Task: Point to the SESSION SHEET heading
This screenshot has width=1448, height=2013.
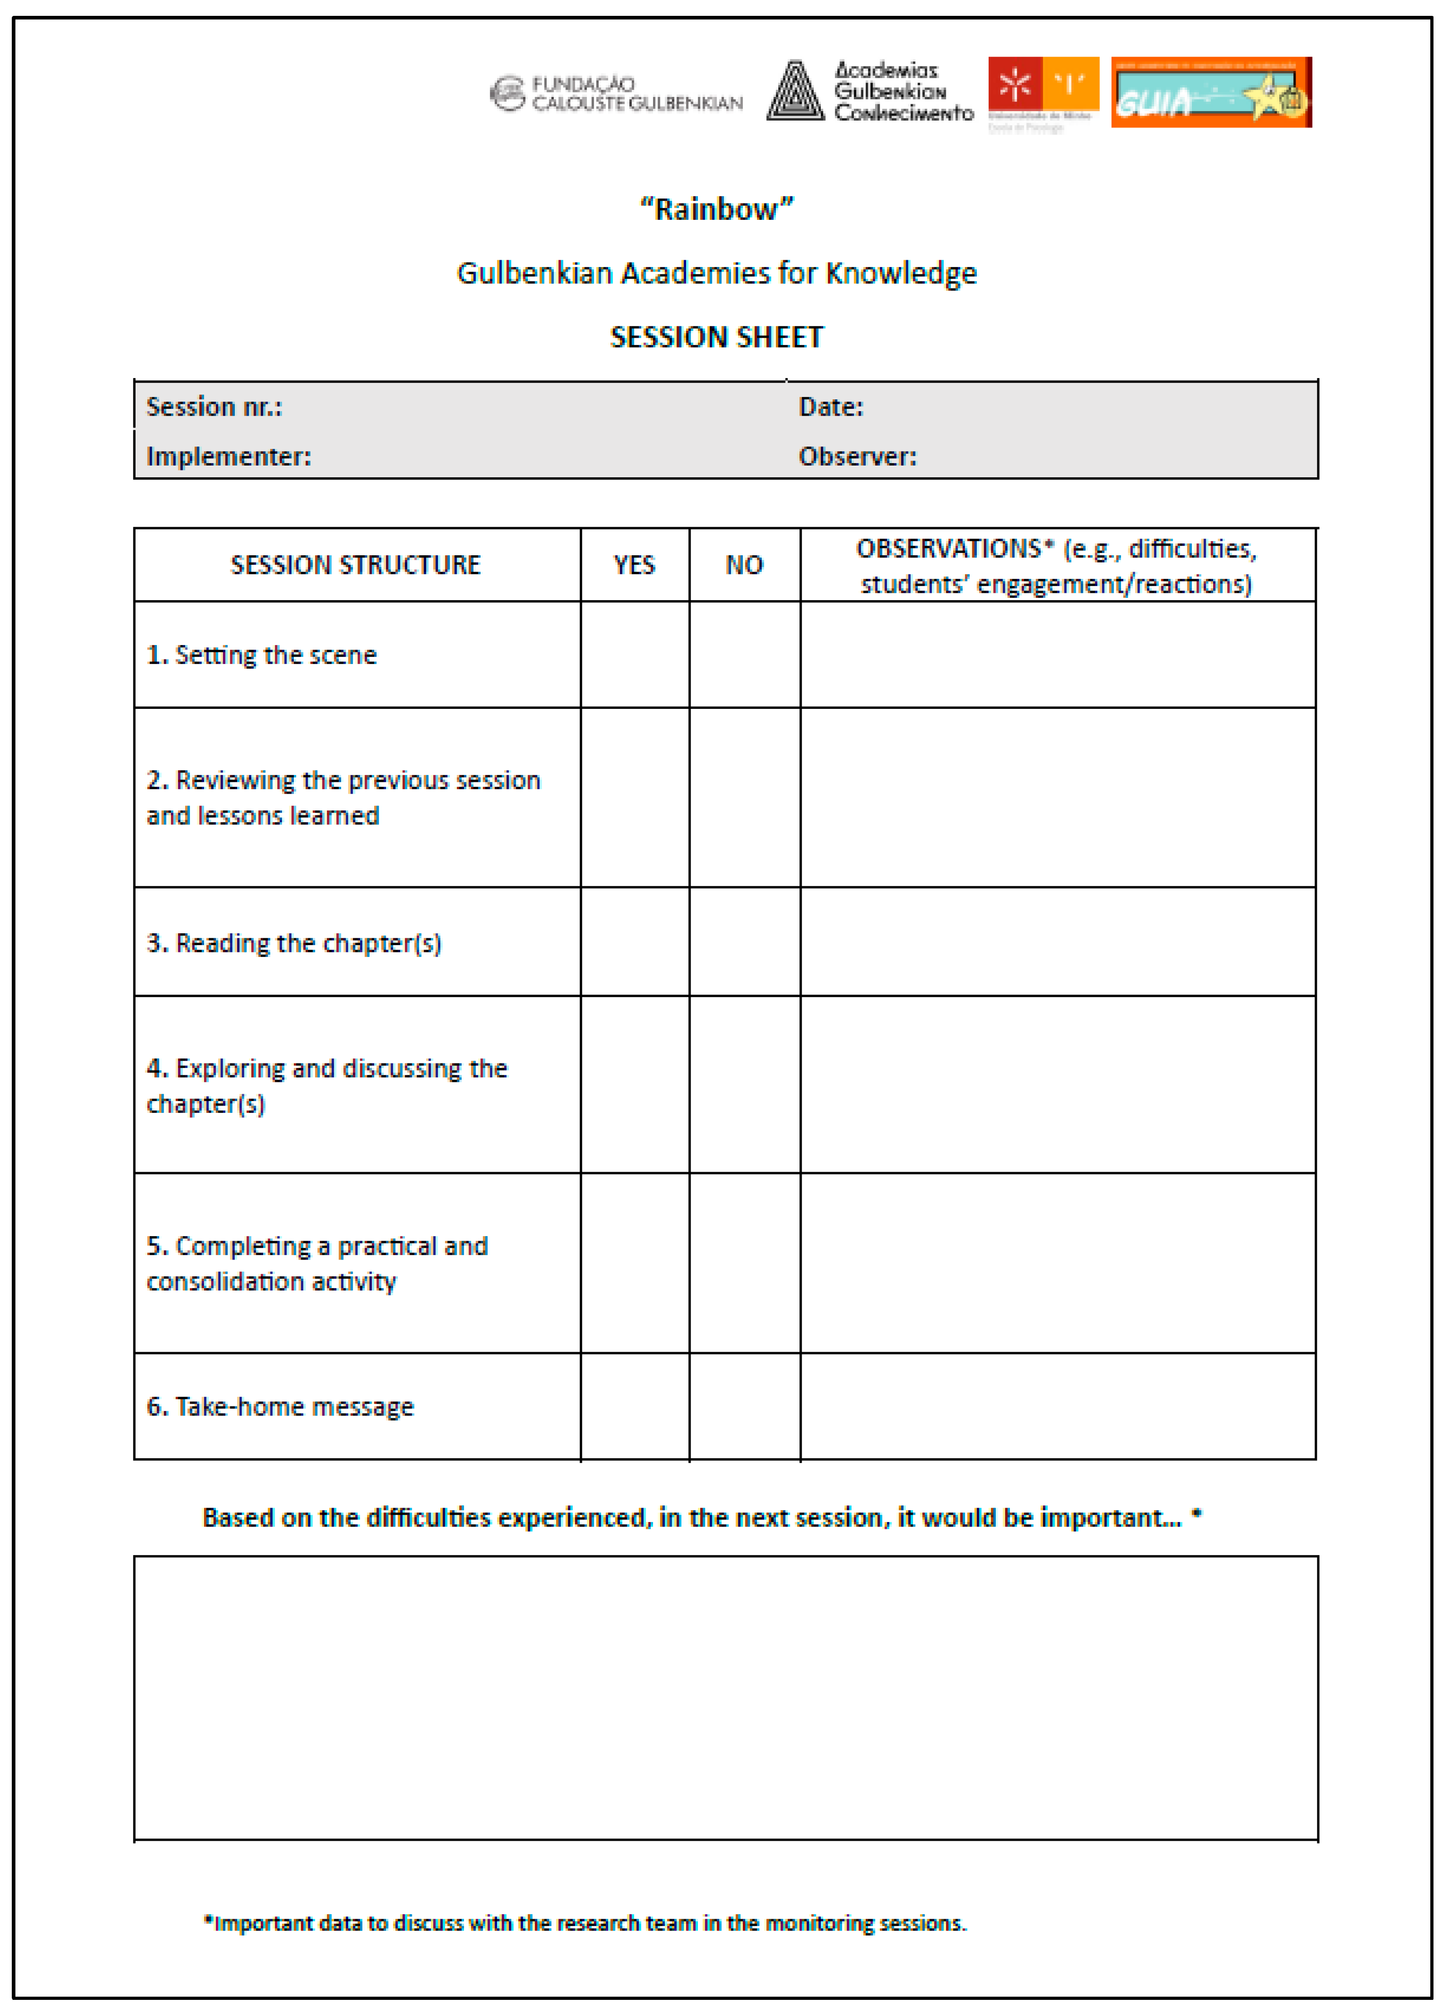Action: [x=717, y=337]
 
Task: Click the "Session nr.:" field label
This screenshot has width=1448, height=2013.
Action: [x=214, y=407]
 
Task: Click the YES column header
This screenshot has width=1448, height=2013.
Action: [x=634, y=565]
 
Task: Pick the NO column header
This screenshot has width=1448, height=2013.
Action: [x=744, y=565]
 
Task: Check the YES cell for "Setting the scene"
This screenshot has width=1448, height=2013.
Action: [x=634, y=655]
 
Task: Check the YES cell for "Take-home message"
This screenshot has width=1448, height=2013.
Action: [x=634, y=1407]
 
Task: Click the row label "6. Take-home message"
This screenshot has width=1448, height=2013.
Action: [x=280, y=1407]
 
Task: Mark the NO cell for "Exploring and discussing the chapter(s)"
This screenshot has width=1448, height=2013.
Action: [x=744, y=1085]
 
